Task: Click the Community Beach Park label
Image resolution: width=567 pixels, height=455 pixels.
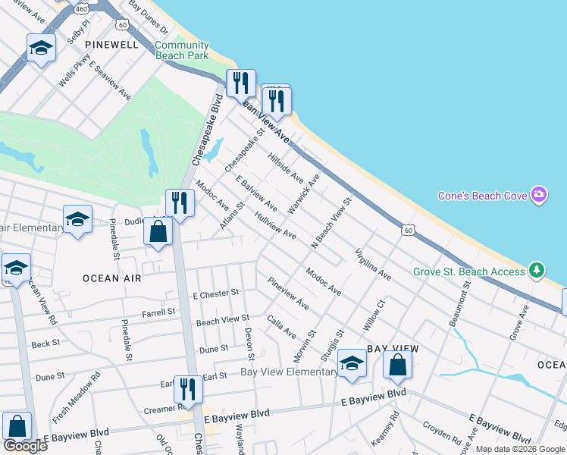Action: (181, 50)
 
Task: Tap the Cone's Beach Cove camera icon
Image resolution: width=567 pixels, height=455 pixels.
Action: (539, 196)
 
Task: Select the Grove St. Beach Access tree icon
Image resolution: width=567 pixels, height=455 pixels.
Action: (537, 271)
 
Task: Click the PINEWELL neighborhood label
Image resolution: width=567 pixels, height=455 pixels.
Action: (112, 45)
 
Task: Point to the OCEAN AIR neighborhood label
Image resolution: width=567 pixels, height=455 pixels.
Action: (112, 278)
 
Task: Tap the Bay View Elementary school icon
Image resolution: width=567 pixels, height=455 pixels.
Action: (352, 362)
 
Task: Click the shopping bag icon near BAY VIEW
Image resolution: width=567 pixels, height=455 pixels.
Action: (397, 365)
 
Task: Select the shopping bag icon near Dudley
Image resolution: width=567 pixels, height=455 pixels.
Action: (158, 231)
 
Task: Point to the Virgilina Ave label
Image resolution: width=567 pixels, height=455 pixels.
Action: (373, 263)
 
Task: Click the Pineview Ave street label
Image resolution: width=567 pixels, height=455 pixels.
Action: (288, 293)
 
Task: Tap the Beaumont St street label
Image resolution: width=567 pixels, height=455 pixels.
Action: (460, 303)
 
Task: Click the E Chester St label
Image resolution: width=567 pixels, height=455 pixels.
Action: (216, 293)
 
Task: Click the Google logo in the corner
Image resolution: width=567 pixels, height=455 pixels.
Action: (25, 446)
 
